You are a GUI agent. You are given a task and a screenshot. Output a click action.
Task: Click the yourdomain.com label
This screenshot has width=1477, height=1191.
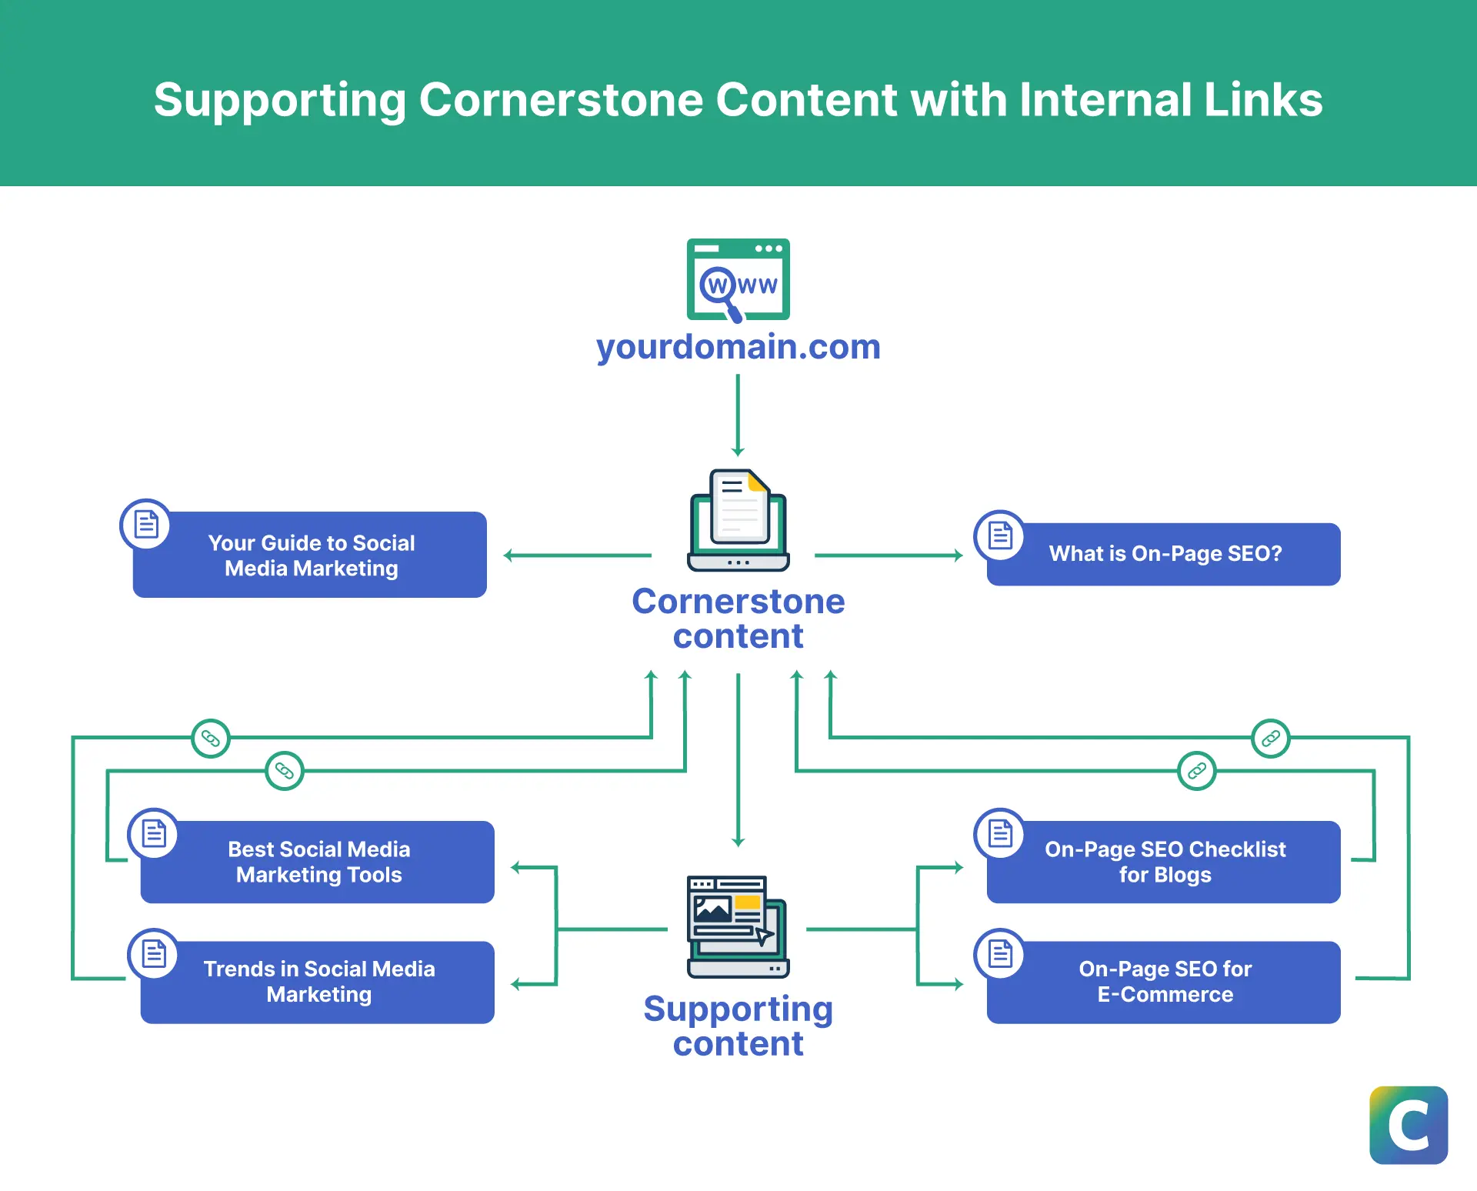pyautogui.click(x=738, y=347)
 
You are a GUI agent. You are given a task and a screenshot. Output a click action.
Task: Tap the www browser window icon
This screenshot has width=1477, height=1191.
pyautogui.click(x=738, y=279)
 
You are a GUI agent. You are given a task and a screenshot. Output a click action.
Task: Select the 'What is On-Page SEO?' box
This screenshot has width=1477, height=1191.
pyautogui.click(x=1164, y=554)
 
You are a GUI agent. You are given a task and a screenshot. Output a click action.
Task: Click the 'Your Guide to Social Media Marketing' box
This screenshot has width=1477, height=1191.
pyautogui.click(x=311, y=555)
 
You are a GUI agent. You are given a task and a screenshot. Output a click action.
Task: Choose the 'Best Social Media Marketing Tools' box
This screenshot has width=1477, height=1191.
pyautogui.click(x=318, y=862)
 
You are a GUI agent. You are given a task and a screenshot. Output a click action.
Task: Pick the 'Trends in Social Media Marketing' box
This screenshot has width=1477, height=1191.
pyautogui.click(x=318, y=982)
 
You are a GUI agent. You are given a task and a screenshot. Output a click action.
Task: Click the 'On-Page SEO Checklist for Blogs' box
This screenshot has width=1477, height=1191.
pyautogui.click(x=1164, y=862)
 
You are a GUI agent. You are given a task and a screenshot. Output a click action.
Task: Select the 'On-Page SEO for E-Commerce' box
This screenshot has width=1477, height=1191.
pyautogui.click(x=1164, y=982)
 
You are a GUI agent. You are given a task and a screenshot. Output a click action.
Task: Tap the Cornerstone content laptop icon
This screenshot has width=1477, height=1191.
pyautogui.click(x=738, y=520)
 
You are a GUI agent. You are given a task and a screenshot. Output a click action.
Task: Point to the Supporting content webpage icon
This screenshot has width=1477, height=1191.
pyautogui.click(x=738, y=926)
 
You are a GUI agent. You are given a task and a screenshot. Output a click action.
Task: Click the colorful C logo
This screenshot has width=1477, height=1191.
pyautogui.click(x=1409, y=1125)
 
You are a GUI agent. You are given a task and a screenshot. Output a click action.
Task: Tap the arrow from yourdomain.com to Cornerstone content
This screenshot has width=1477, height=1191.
pyautogui.click(x=738, y=415)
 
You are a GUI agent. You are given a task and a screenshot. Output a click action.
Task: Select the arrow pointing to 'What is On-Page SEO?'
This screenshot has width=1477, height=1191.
pyautogui.click(x=889, y=555)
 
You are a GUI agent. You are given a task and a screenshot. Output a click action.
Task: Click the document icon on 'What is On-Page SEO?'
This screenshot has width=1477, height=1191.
pyautogui.click(x=999, y=535)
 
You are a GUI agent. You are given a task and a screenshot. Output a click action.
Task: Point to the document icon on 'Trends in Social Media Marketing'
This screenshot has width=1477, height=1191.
pyautogui.click(x=154, y=954)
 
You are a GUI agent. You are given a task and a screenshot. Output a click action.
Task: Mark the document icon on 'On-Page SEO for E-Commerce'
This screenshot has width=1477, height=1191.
pyautogui.click(x=999, y=954)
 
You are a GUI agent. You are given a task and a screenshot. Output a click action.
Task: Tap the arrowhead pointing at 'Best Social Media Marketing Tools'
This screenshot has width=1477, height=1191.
pyautogui.click(x=515, y=868)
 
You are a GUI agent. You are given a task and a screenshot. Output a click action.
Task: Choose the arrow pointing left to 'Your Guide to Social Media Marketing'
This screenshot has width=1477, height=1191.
pyautogui.click(x=577, y=555)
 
